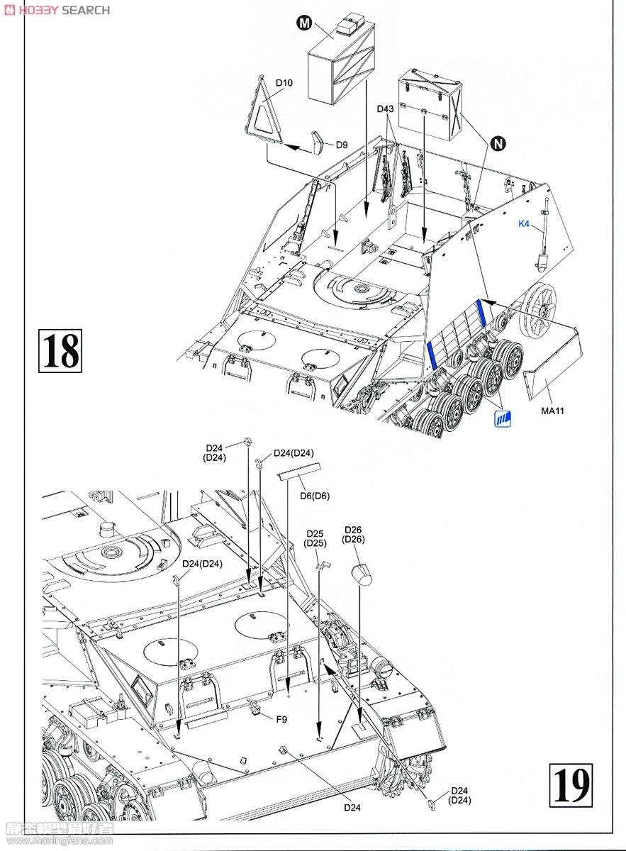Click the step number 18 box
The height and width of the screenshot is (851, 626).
tap(60, 350)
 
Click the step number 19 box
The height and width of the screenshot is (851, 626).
tap(570, 784)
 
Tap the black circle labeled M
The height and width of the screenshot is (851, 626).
tap(304, 23)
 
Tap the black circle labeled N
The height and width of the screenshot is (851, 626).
tap(499, 144)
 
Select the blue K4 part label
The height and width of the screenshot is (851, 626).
tap(524, 224)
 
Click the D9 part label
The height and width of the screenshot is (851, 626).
tap(342, 145)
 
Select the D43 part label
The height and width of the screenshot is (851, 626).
tap(385, 109)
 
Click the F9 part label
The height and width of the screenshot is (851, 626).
tap(281, 720)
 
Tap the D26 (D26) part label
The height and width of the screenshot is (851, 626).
tap(353, 535)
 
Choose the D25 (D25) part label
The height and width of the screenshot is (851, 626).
tap(315, 538)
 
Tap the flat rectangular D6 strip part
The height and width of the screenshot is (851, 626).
tap(298, 471)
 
